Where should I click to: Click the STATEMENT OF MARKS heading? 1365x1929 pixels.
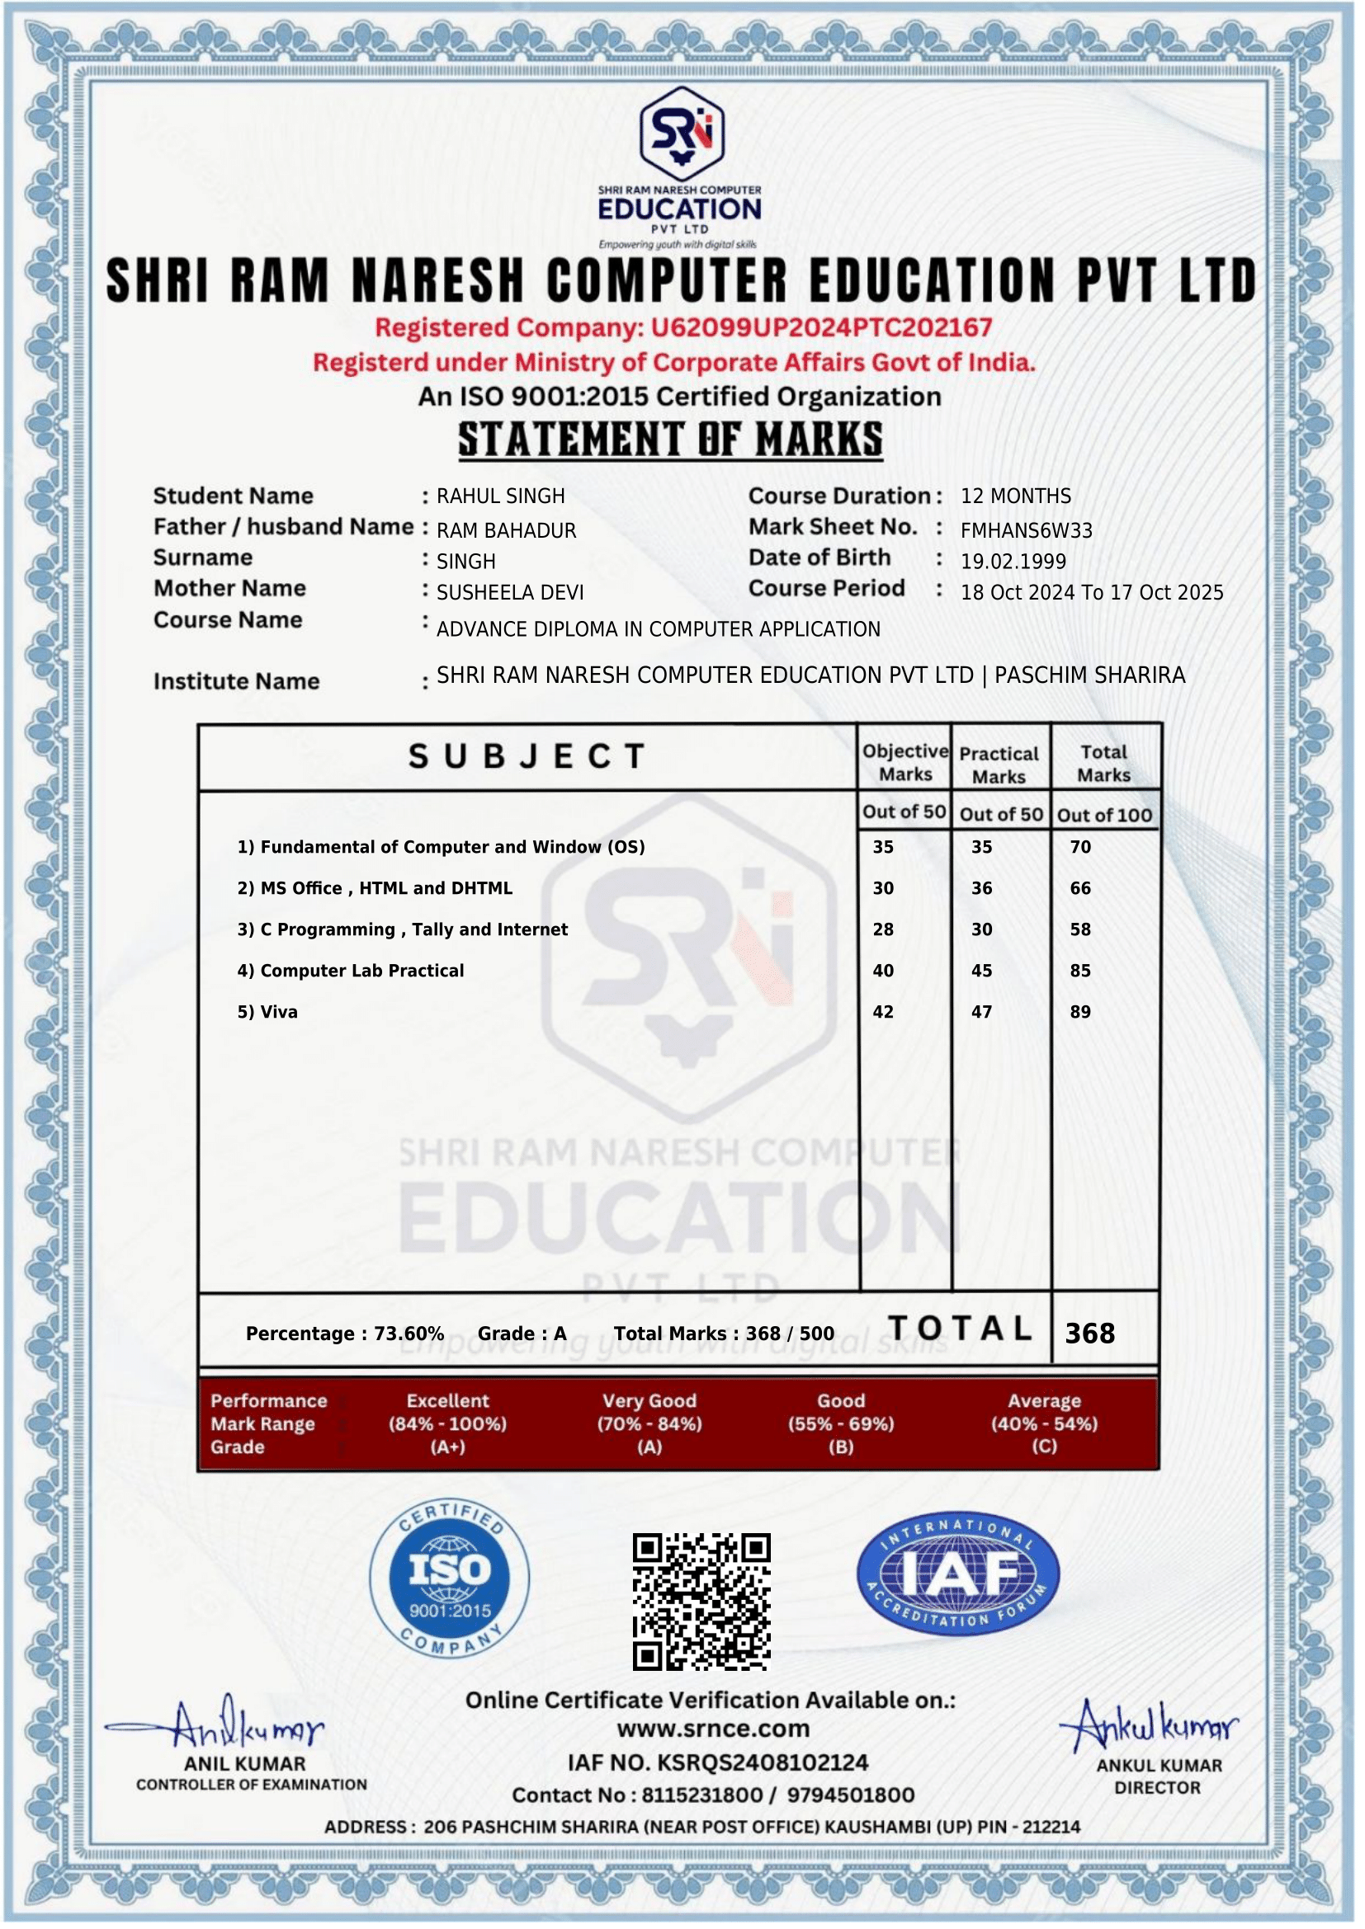click(x=670, y=440)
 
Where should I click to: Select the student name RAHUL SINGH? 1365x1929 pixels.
click(x=500, y=496)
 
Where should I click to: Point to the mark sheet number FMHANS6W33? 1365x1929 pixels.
click(x=1027, y=531)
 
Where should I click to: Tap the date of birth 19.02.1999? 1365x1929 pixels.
click(x=1013, y=562)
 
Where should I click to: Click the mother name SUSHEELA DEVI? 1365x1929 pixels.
click(x=509, y=593)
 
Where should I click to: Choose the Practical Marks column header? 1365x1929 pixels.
click(x=999, y=765)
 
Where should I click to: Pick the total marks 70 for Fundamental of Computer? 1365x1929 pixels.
click(x=1080, y=847)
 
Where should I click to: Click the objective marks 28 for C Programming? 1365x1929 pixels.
click(x=882, y=929)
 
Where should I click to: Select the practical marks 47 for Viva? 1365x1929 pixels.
click(x=982, y=1012)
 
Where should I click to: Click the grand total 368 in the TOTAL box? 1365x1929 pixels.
click(x=1089, y=1334)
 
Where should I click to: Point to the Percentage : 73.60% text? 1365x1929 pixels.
click(x=345, y=1334)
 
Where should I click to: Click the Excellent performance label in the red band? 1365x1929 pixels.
click(x=447, y=1400)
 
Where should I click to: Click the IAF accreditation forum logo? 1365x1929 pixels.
click(x=957, y=1575)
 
